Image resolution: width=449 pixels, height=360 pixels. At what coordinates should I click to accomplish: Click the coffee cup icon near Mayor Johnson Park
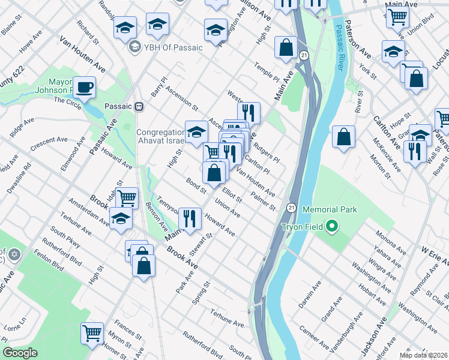[85, 88]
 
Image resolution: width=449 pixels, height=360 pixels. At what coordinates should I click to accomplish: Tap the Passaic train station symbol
[139, 106]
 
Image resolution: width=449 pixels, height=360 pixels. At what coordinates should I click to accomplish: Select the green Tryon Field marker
[331, 227]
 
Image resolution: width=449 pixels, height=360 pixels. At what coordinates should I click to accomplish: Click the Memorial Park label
[330, 209]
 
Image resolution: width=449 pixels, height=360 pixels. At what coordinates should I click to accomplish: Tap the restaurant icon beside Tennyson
[190, 218]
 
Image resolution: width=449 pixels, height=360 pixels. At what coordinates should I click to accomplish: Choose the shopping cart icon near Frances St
[92, 332]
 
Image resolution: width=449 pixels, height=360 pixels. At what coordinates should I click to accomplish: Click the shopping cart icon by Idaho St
[127, 197]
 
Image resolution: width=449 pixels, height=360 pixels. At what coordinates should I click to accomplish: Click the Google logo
[20, 353]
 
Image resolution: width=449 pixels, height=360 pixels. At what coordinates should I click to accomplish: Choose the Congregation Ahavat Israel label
[160, 137]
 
